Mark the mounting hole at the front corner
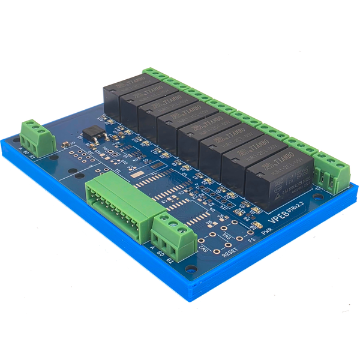click(x=190, y=270)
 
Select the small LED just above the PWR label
click(x=258, y=226)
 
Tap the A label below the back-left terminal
click(x=22, y=151)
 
